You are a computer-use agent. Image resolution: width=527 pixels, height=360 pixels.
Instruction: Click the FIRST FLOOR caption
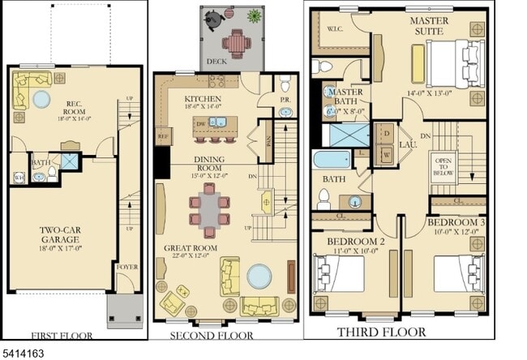point(61,335)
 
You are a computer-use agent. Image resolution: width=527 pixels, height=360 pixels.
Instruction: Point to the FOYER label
point(126,265)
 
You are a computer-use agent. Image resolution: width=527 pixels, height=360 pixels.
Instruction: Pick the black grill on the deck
point(213,19)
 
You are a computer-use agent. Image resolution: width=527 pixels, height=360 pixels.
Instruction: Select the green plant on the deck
point(255,15)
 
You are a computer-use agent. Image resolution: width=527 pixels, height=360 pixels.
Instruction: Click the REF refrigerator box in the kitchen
point(162,137)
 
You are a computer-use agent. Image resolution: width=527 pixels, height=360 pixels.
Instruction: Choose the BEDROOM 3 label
point(456,222)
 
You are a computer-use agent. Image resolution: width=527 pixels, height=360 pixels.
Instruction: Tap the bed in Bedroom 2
point(339,272)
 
